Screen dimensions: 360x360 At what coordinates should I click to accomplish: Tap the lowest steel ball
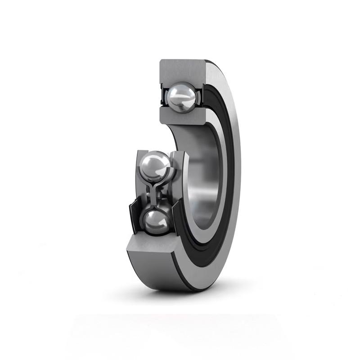pos(156,221)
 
